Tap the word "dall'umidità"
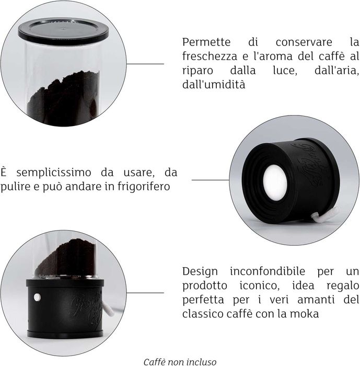click(x=214, y=84)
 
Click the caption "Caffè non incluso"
click(x=180, y=361)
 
